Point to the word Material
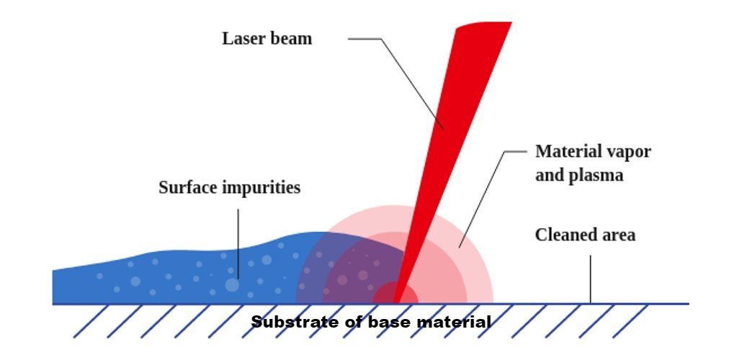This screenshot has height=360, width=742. click(563, 152)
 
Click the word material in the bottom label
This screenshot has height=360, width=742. click(454, 323)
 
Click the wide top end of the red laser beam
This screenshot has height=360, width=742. click(483, 24)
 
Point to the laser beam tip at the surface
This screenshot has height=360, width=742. click(395, 302)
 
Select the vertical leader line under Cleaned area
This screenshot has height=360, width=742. click(590, 279)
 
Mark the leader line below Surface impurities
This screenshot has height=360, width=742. click(238, 244)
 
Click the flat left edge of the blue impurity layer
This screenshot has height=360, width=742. click(53, 287)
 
